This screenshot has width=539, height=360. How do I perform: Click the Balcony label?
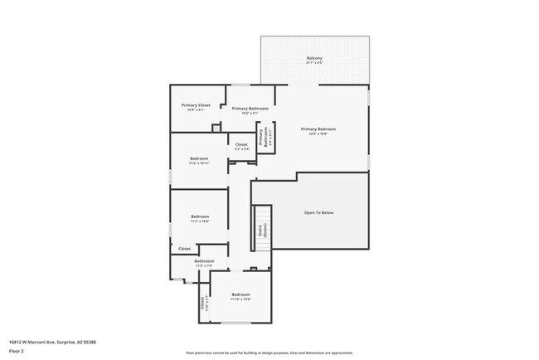tap(314, 57)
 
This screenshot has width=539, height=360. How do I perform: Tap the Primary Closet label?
tap(196, 105)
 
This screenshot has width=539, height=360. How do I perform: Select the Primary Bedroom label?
tap(318, 129)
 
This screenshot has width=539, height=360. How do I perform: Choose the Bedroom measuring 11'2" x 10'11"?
tap(199, 158)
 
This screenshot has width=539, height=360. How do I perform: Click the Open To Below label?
tap(318, 213)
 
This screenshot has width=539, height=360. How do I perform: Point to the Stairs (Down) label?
tap(262, 230)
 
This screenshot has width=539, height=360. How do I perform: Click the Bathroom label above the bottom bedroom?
tap(204, 261)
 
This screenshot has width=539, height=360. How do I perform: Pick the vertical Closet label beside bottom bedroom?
tap(202, 304)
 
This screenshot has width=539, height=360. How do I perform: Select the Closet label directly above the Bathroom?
tap(184, 248)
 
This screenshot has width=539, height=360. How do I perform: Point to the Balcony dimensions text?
tap(314, 63)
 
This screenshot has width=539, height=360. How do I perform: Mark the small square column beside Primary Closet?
tap(216, 128)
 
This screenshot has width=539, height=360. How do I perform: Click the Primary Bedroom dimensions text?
tap(318, 134)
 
